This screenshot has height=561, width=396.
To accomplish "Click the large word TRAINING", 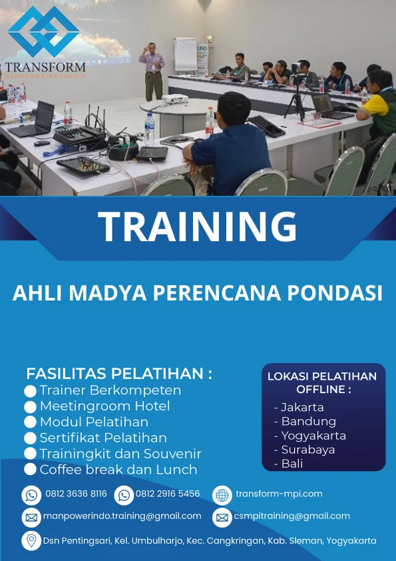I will [198, 227].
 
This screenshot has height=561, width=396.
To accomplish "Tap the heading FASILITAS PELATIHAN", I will [119, 373].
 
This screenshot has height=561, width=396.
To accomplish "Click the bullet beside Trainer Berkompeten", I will [30, 391].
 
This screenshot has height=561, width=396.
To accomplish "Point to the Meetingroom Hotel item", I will [104, 406].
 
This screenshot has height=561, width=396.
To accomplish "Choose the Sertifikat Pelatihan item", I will [103, 438].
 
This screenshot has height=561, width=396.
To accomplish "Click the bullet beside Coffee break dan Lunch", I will [30, 470].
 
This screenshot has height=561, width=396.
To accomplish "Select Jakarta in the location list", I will [302, 407].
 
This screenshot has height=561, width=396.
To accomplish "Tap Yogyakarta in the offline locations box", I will [313, 436].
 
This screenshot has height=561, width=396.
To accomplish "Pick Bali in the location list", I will [292, 464].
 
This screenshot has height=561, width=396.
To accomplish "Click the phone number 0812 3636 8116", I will [76, 494].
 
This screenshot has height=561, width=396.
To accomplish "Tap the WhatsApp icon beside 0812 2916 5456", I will [124, 494].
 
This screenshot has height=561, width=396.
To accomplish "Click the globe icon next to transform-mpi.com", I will [222, 494].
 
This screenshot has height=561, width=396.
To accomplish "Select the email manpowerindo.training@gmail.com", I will [122, 516].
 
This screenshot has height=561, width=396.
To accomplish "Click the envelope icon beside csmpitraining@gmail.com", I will [222, 516].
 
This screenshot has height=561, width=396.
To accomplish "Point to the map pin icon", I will [31, 540].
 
